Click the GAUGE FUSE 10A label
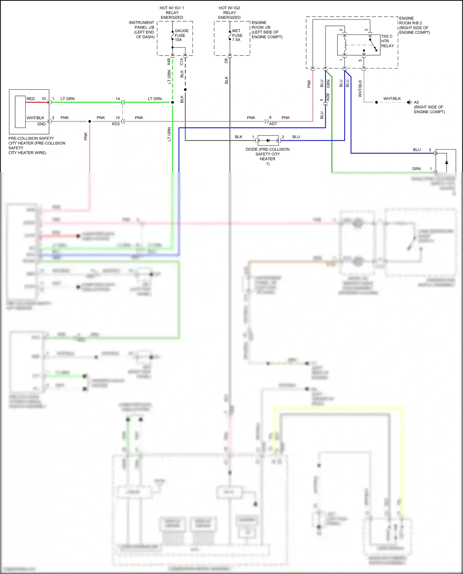click(x=181, y=35)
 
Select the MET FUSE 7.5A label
click(x=237, y=35)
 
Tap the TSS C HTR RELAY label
click(x=387, y=41)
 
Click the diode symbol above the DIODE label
click(x=268, y=141)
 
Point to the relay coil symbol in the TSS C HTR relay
click(x=345, y=45)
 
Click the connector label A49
click(x=169, y=62)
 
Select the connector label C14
click(x=181, y=62)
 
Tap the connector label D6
click(x=226, y=61)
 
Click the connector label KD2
click(x=116, y=124)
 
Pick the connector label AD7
click(x=273, y=124)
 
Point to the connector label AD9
click(x=328, y=97)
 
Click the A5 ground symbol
click(x=409, y=102)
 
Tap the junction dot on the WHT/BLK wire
click(x=376, y=102)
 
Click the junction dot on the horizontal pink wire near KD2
click(x=90, y=122)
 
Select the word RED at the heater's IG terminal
click(x=31, y=99)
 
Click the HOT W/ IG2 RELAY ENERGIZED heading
click(x=229, y=13)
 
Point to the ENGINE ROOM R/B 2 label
click(x=414, y=25)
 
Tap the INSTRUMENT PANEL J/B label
click(x=142, y=30)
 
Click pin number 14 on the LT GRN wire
click(x=118, y=99)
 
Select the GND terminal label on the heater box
click(x=41, y=124)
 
